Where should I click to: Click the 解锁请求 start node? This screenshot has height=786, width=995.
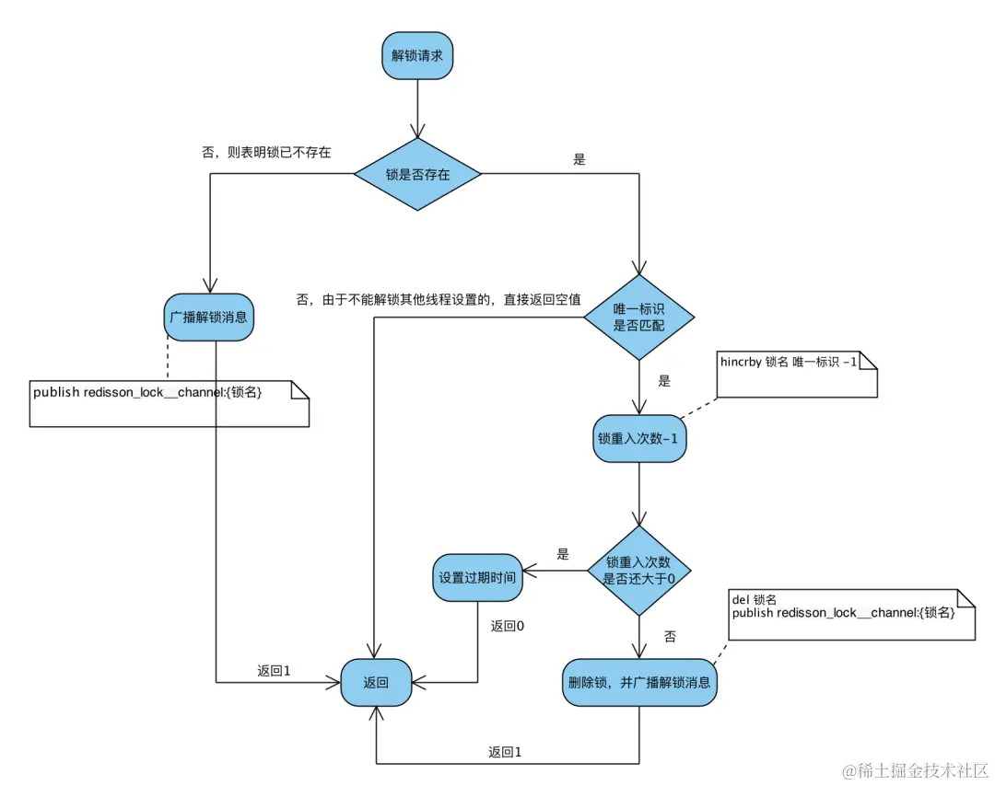pyautogui.click(x=417, y=56)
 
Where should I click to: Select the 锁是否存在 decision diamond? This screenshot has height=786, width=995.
pyautogui.click(x=417, y=174)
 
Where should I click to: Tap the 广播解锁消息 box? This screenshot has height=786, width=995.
pyautogui.click(x=209, y=317)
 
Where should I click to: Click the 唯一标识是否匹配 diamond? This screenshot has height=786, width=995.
pyautogui.click(x=639, y=317)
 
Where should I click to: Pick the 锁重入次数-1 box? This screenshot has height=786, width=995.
pyautogui.click(x=639, y=439)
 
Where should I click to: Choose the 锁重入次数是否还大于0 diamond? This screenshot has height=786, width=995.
pyautogui.click(x=639, y=571)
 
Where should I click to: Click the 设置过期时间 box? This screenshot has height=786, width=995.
pyautogui.click(x=477, y=577)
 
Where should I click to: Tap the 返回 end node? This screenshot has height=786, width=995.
pyautogui.click(x=376, y=683)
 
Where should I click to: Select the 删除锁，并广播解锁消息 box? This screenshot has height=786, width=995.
pyautogui.click(x=639, y=683)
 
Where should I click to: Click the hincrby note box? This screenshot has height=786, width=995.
pyautogui.click(x=797, y=375)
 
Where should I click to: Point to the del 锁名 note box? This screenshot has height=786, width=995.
pyautogui.click(x=851, y=615)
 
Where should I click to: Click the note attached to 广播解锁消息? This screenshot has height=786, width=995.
pyautogui.click(x=170, y=404)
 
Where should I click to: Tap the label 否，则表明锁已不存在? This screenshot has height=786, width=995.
pyautogui.click(x=266, y=153)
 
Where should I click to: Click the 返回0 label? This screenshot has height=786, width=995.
pyautogui.click(x=507, y=626)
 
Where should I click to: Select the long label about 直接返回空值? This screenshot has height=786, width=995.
pyautogui.click(x=439, y=300)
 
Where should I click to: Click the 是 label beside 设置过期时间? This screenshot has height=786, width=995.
pyautogui.click(x=563, y=555)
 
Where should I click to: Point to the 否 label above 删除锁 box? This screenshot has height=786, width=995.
pyautogui.click(x=670, y=636)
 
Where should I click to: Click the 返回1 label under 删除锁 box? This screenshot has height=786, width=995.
pyautogui.click(x=505, y=752)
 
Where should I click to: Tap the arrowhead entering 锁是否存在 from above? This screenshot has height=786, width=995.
pyautogui.click(x=417, y=130)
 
